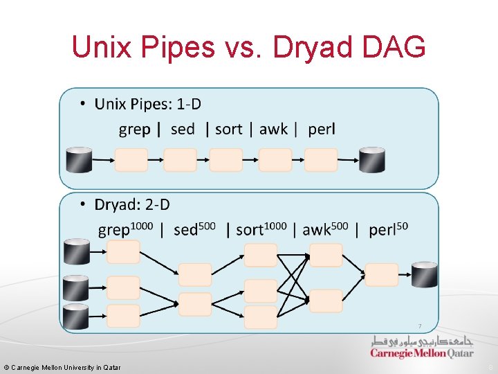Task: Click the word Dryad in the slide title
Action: tap(302, 48)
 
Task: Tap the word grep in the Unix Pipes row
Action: tap(134, 130)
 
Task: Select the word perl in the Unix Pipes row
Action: tap(322, 130)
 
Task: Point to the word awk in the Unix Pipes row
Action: tap(274, 130)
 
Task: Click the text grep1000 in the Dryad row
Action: tap(125, 229)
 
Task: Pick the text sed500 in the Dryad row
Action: tap(195, 229)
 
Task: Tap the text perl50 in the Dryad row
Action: tap(388, 229)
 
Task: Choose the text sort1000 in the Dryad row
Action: tap(261, 229)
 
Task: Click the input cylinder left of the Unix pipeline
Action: tap(78, 160)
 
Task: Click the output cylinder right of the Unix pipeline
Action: tap(372, 160)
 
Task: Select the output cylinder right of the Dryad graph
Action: tap(424, 275)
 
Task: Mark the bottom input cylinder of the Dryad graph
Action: tap(76, 316)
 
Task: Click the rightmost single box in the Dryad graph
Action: tap(382, 275)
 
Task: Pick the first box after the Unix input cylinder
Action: tap(131, 160)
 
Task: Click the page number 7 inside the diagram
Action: tap(418, 326)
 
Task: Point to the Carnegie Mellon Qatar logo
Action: tap(422, 348)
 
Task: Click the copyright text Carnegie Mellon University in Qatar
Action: tap(62, 367)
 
